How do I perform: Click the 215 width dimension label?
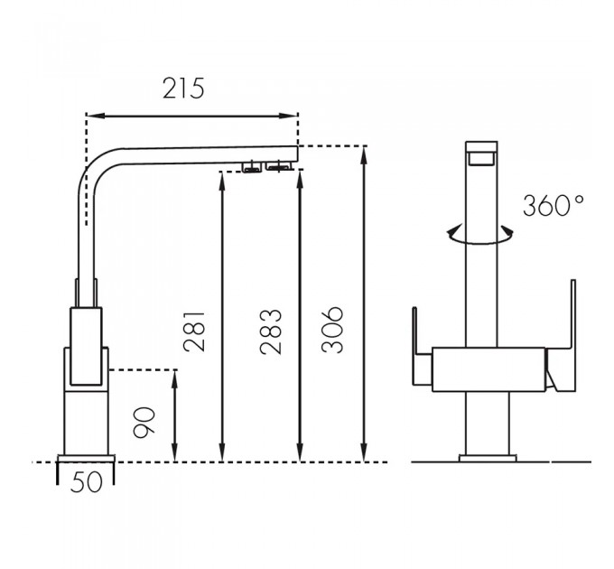tap(183, 89)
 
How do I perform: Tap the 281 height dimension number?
tap(194, 331)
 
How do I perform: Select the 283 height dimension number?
tap(271, 331)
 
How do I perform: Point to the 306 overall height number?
tap(332, 330)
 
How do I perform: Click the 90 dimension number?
tap(144, 422)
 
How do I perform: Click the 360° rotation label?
tap(553, 205)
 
